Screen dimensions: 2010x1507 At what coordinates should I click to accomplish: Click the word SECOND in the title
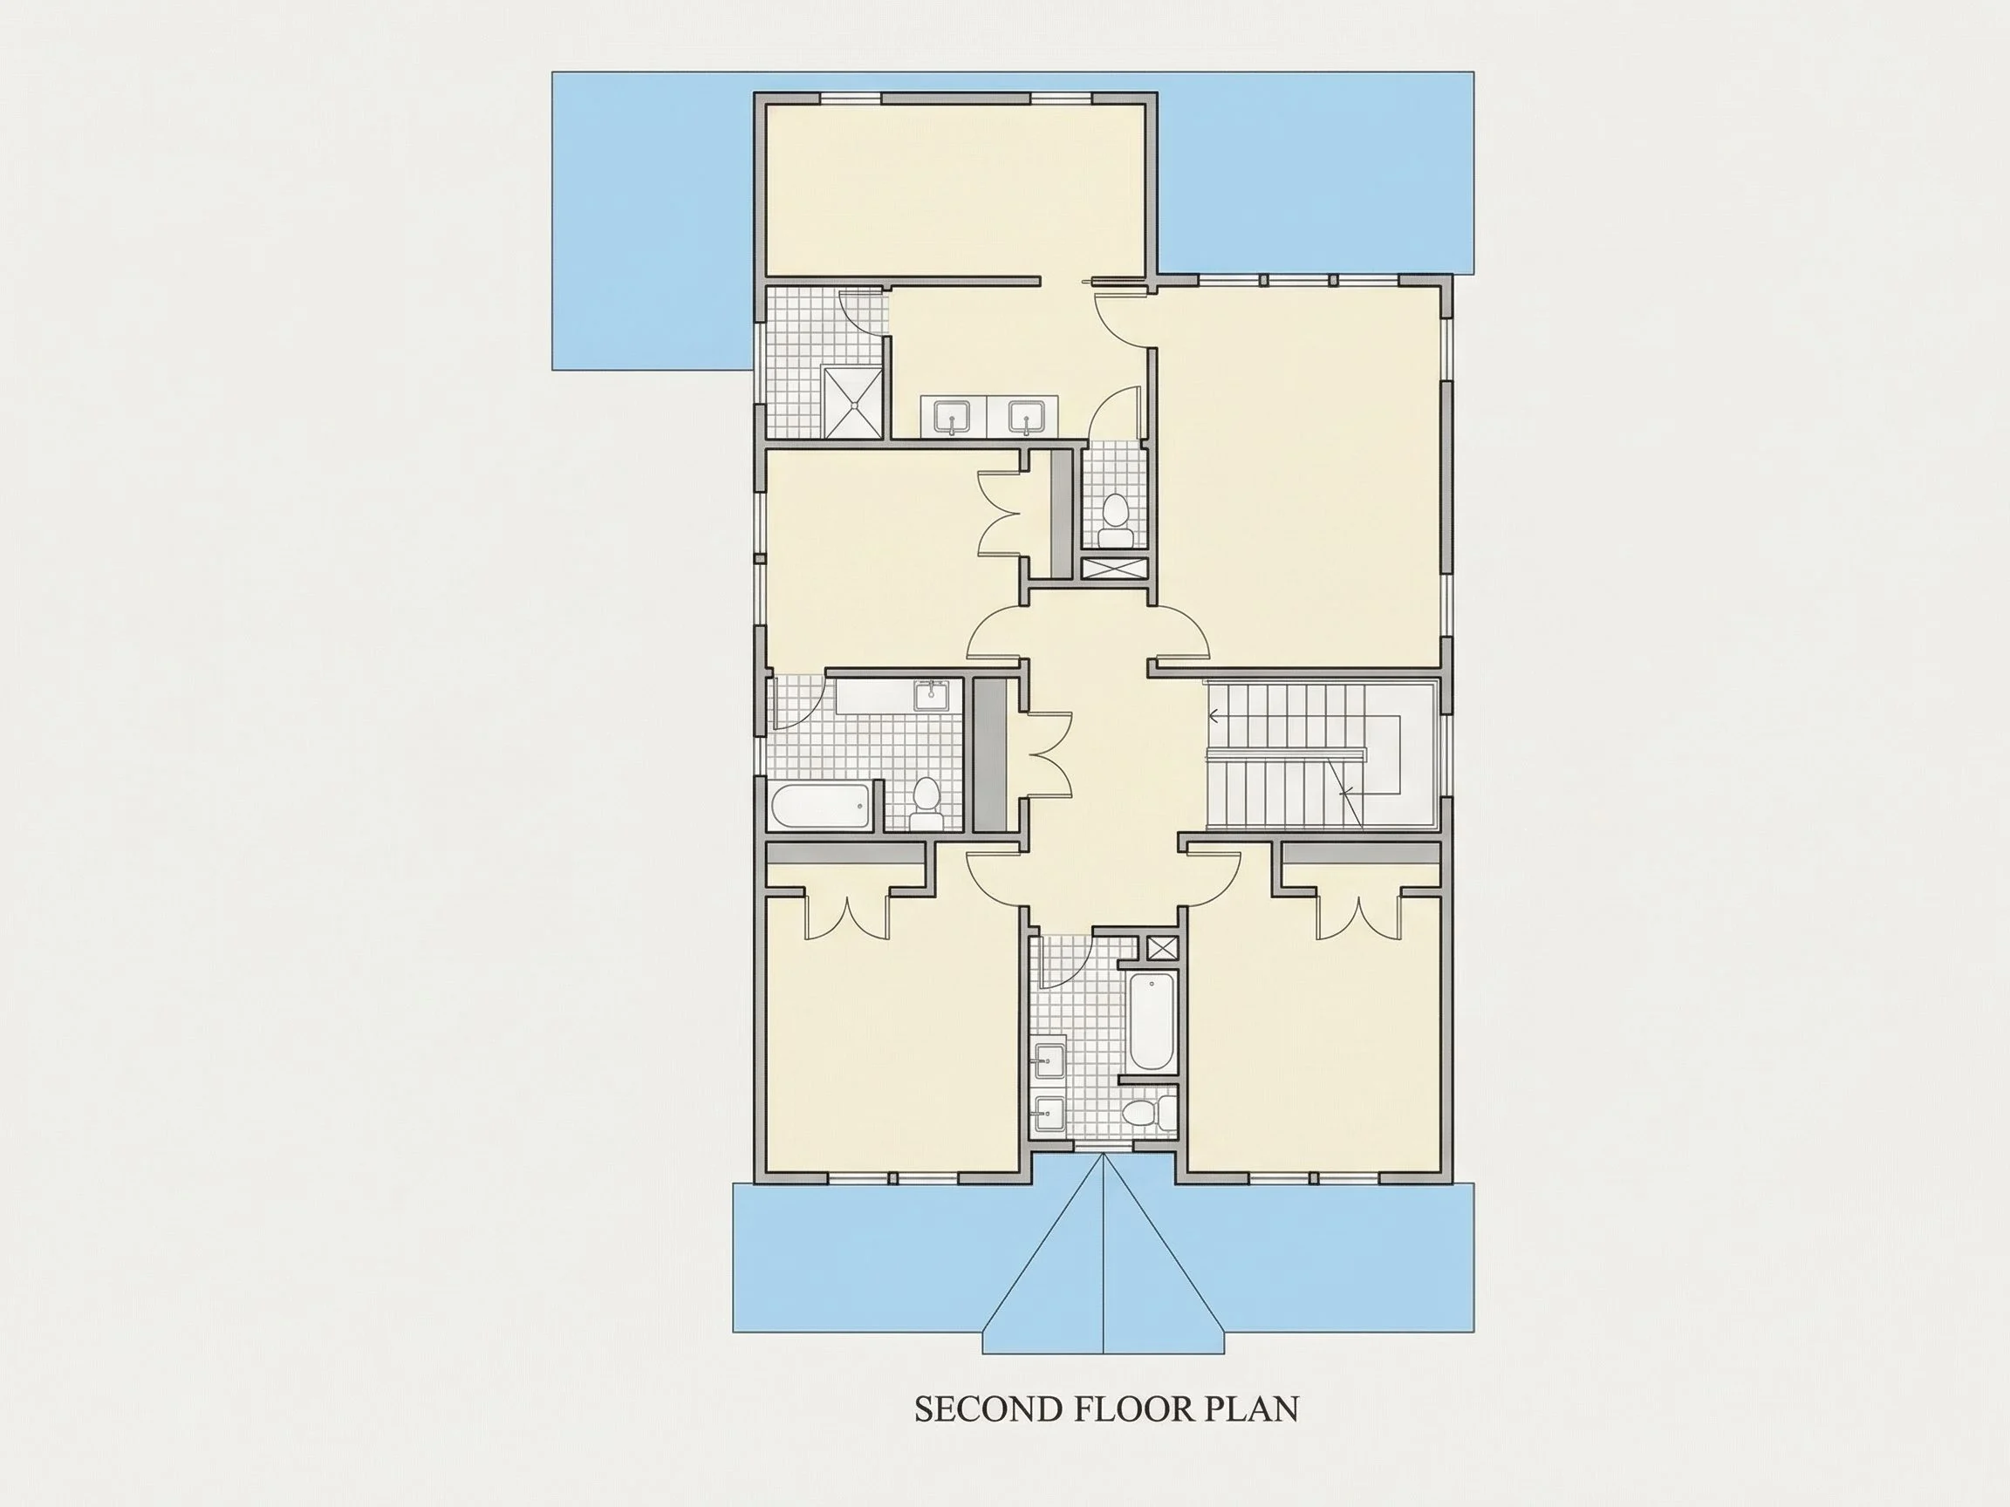point(987,1435)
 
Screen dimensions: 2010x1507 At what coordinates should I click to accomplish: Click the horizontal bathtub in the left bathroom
point(821,806)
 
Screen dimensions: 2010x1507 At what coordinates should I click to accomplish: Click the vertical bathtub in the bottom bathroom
point(1151,1022)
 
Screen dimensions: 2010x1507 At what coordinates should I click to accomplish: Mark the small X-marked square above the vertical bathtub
point(1161,947)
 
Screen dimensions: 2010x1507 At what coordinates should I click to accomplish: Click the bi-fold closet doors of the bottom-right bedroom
point(1357,917)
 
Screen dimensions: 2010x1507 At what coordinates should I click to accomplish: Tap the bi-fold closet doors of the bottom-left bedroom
point(847,917)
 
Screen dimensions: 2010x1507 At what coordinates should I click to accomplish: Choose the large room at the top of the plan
point(954,189)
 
